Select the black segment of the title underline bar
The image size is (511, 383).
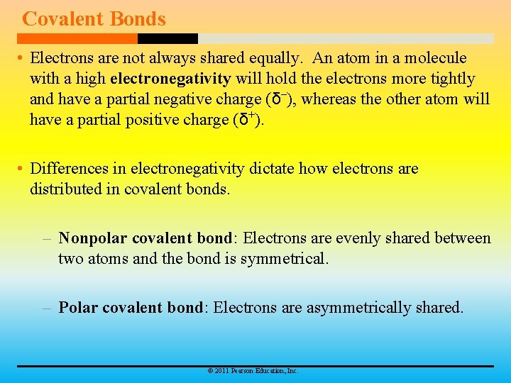coord(167,38)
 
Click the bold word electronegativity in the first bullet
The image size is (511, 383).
coord(170,78)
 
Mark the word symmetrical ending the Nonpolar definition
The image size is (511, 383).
coord(285,259)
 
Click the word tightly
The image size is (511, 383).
coord(451,78)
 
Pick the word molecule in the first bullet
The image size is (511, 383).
coord(436,57)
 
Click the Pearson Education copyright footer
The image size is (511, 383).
coord(252,371)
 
